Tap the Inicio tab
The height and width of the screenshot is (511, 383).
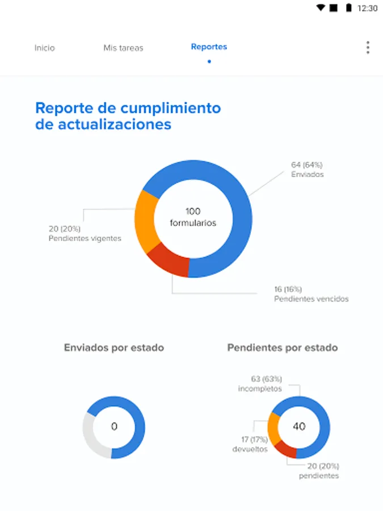pyautogui.click(x=44, y=48)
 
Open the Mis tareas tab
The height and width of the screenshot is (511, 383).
pyautogui.click(x=123, y=48)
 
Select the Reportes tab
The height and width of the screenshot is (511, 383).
pyautogui.click(x=209, y=47)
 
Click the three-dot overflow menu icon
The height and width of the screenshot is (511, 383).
pyautogui.click(x=368, y=48)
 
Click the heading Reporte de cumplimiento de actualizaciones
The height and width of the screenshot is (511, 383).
pyautogui.click(x=128, y=116)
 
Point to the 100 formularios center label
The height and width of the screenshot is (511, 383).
pyautogui.click(x=193, y=217)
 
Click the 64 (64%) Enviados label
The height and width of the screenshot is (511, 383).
pyautogui.click(x=308, y=170)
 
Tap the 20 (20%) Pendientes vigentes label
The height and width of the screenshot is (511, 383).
pyautogui.click(x=85, y=233)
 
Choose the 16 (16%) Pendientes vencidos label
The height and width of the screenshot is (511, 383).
pyautogui.click(x=311, y=294)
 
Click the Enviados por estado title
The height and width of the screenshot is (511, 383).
pyautogui.click(x=114, y=347)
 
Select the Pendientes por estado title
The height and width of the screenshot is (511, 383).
pyautogui.click(x=283, y=347)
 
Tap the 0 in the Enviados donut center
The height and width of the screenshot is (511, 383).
pyautogui.click(x=114, y=426)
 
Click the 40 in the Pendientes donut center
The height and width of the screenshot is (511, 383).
pyautogui.click(x=298, y=426)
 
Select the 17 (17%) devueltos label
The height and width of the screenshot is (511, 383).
pyautogui.click(x=250, y=444)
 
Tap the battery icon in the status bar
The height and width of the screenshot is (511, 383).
pyautogui.click(x=348, y=8)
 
